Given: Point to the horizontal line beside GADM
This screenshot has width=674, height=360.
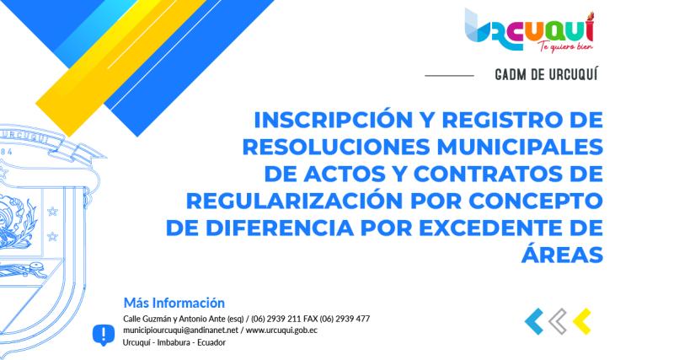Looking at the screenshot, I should tap(449, 76).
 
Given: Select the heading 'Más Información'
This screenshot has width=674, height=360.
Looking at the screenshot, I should tap(174, 302).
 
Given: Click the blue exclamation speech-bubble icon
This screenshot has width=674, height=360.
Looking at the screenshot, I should tap(103, 334).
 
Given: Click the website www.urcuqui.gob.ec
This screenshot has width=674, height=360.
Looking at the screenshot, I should tap(281, 330).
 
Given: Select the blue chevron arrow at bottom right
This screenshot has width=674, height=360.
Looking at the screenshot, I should tap(534, 320).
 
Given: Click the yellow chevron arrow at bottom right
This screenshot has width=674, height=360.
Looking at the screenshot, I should tap(581, 320).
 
